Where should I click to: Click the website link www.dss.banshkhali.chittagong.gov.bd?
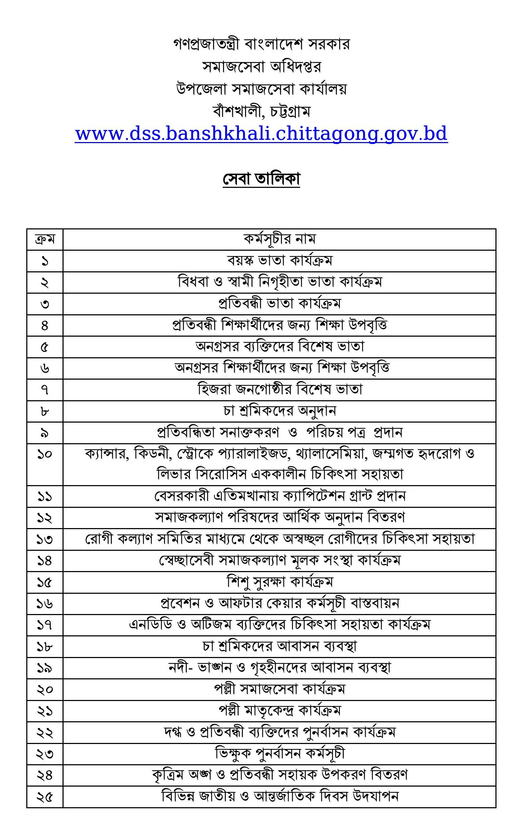pyautogui.click(x=261, y=134)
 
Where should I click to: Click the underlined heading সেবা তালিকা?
pyautogui.click(x=261, y=179)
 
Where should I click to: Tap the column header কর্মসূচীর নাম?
pyautogui.click(x=279, y=239)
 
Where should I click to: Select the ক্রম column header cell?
pyautogui.click(x=45, y=239)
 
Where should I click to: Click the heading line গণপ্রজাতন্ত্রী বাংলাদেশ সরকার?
pyautogui.click(x=261, y=44)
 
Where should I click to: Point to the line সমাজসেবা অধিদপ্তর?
pyautogui.click(x=261, y=66)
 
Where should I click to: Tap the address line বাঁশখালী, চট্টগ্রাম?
pyautogui.click(x=261, y=112)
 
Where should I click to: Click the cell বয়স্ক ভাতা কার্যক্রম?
pyautogui.click(x=279, y=261)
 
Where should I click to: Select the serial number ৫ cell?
pyautogui.click(x=45, y=347)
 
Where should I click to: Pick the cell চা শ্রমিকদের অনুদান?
pyautogui.click(x=279, y=411)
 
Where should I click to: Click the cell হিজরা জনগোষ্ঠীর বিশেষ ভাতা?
pyautogui.click(x=279, y=390)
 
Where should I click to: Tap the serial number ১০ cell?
pyautogui.click(x=45, y=454)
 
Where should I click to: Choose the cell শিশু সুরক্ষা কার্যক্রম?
pyautogui.click(x=279, y=582)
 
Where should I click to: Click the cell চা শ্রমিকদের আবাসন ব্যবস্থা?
pyautogui.click(x=279, y=646)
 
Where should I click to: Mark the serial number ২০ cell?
pyautogui.click(x=45, y=689)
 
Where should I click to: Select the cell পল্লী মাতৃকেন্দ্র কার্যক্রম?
pyautogui.click(x=279, y=711)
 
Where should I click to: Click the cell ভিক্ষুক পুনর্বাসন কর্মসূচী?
pyautogui.click(x=279, y=754)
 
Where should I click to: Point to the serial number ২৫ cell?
pyautogui.click(x=45, y=797)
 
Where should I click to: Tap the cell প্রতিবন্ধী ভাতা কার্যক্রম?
pyautogui.click(x=279, y=304)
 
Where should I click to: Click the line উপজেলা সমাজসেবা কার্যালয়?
pyautogui.click(x=261, y=89)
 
